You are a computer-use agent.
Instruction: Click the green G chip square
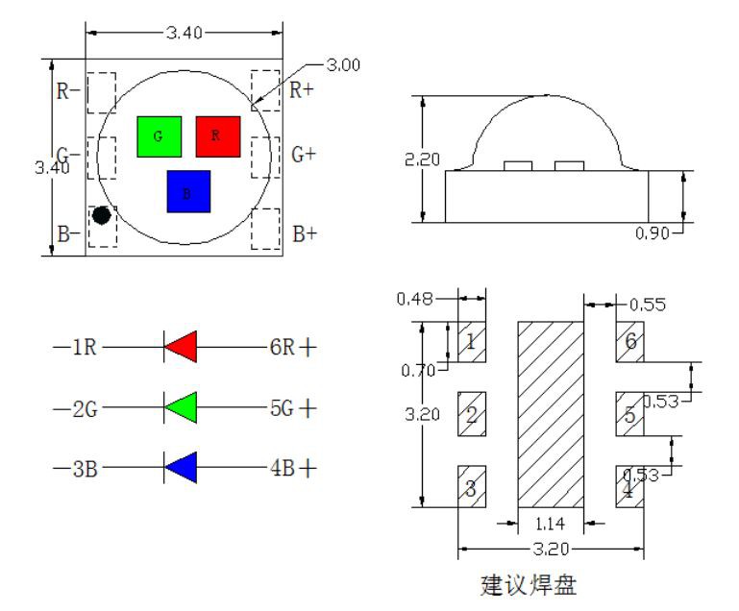point(159,136)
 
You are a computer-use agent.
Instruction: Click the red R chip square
point(217,136)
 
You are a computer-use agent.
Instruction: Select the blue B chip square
point(188,191)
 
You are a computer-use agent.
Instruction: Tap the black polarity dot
point(101,215)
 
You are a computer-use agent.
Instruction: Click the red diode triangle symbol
point(181,347)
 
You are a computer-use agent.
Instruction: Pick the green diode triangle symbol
point(181,407)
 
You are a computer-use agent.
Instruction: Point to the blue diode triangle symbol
point(181,468)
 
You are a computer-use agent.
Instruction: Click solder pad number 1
point(471,342)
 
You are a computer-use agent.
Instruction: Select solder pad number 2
point(471,415)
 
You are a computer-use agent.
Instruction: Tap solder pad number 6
point(629,342)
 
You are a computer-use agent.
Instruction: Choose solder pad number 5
point(629,415)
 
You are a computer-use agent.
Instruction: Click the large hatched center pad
point(552,415)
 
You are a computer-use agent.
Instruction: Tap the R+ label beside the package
point(304,91)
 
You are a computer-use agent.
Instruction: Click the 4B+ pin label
point(292,469)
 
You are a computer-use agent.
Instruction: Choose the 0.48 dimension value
point(414,299)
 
